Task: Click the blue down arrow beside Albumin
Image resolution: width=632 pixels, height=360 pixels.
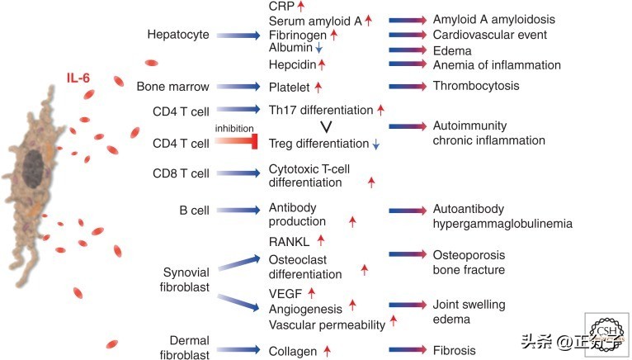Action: coord(318,50)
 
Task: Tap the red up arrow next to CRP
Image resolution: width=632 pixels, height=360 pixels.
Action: coord(302,7)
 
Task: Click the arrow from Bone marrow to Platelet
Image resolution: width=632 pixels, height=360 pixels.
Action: coord(236,86)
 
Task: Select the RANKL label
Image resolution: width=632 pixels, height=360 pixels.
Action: coord(289,240)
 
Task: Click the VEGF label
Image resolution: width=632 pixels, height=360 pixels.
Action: coord(285,292)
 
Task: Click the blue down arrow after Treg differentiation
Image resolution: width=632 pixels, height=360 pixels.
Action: coord(376,144)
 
